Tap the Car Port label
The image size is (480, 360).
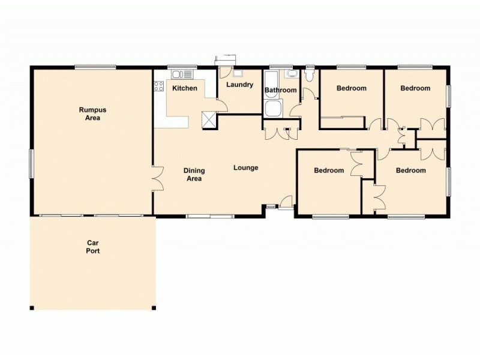[92, 247]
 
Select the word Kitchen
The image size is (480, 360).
[185, 89]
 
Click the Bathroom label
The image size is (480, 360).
[281, 91]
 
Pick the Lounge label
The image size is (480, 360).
[246, 168]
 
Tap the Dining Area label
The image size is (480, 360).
[194, 175]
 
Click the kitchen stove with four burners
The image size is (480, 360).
[159, 86]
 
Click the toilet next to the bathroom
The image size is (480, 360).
[310, 75]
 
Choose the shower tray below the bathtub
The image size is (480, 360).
[273, 109]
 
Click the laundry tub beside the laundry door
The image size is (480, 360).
[238, 73]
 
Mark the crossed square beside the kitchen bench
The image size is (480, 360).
[209, 119]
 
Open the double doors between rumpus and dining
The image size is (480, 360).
[158, 178]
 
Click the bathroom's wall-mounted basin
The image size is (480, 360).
[292, 74]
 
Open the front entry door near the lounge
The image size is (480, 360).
[286, 202]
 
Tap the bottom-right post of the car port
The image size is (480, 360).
[154, 308]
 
